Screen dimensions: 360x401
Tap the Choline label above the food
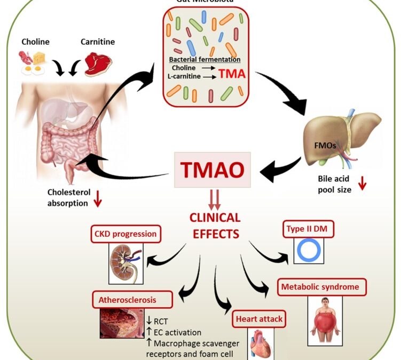click(36, 42)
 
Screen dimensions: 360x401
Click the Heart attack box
click(258, 319)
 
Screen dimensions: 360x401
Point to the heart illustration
click(261, 344)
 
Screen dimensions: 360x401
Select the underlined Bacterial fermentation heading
click(205, 59)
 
